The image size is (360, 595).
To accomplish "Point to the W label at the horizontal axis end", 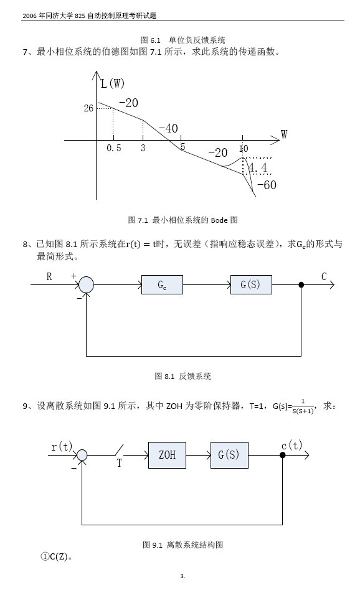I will click(284, 134).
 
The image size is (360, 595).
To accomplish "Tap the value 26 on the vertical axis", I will click(88, 108).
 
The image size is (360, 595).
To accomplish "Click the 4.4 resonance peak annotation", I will click(257, 168).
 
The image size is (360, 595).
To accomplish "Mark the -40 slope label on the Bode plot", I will click(168, 128).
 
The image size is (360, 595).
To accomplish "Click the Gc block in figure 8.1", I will click(162, 284).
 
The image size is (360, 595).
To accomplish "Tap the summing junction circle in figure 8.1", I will click(86, 285).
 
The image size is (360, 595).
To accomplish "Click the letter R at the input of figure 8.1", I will click(49, 277).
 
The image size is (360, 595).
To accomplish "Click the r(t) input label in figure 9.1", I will click(62, 446).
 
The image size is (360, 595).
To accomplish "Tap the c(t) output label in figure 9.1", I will click(291, 446).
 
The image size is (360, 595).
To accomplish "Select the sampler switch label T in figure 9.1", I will click(119, 463).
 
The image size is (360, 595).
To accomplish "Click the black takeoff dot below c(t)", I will click(283, 455).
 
